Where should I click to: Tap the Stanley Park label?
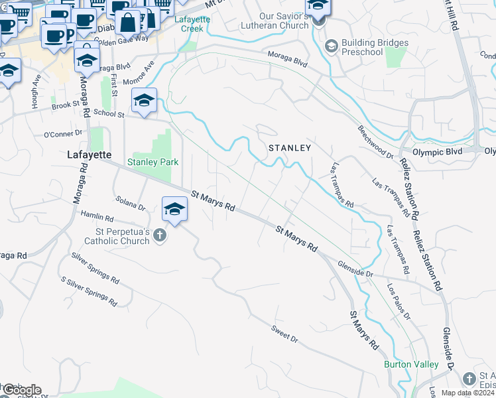pyautogui.click(x=153, y=161)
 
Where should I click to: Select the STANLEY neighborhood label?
pyautogui.click(x=289, y=148)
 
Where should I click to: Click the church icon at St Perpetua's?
pyautogui.click(x=159, y=235)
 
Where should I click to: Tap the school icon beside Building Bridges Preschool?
pyautogui.click(x=332, y=46)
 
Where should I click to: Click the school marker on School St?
pyautogui.click(x=144, y=101)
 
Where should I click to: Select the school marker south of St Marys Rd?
pyautogui.click(x=174, y=210)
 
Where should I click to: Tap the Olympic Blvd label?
pyautogui.click(x=437, y=151)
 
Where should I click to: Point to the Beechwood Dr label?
pyautogui.click(x=375, y=141)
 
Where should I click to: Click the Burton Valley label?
pyautogui.click(x=411, y=364)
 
